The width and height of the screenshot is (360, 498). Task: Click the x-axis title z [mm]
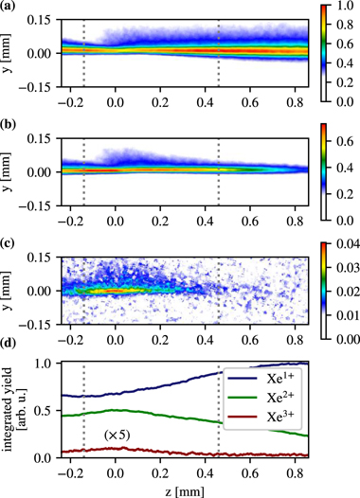180,489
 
